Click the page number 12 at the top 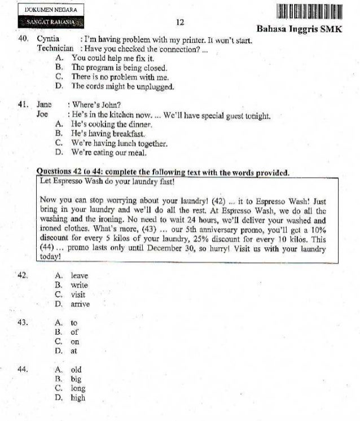pyautogui.click(x=181, y=22)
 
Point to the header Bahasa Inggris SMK pyautogui.click(x=299, y=29)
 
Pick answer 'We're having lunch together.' pyautogui.click(x=119, y=143)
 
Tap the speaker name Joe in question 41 pyautogui.click(x=43, y=115)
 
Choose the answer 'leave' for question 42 pyautogui.click(x=80, y=275)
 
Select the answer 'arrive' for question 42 pyautogui.click(x=80, y=304)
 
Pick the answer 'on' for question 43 pyautogui.click(x=75, y=341)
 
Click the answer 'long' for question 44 pyautogui.click(x=78, y=388)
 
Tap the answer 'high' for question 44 pyautogui.click(x=78, y=398)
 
